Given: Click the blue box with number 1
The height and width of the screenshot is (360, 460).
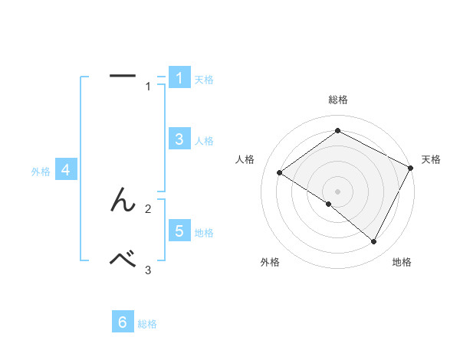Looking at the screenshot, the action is click(179, 78).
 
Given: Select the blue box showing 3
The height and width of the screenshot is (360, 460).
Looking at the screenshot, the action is click(179, 139).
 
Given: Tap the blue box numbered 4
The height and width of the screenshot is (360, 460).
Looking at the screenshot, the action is click(66, 170).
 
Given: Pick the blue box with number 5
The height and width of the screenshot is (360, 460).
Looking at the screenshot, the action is click(179, 231).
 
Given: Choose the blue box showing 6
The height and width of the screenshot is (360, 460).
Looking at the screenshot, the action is click(123, 322).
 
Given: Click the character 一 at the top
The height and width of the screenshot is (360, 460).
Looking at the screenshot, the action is click(123, 75).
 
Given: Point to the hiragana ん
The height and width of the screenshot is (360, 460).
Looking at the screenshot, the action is click(123, 201).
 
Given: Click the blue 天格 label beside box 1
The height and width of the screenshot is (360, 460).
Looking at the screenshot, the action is click(204, 80).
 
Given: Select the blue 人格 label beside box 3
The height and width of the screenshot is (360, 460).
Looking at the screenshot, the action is click(204, 141).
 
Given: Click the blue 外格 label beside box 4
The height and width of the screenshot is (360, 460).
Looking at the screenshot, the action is click(41, 172).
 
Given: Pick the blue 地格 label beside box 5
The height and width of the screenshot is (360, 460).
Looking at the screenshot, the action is click(204, 233).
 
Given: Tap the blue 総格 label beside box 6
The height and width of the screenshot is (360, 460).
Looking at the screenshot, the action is click(147, 325).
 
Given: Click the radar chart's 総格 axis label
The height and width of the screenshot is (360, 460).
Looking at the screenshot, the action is click(337, 100).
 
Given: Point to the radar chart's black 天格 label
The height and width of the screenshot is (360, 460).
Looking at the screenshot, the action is click(431, 159).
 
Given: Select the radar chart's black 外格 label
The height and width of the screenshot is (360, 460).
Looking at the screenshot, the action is click(270, 263).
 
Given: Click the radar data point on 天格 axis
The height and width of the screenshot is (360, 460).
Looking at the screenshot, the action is click(411, 168).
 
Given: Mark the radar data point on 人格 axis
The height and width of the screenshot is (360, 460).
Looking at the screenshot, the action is click(279, 173).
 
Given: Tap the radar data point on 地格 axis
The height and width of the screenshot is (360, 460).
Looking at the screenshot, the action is click(374, 242).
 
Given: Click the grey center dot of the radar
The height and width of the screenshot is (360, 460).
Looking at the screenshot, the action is click(337, 191).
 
